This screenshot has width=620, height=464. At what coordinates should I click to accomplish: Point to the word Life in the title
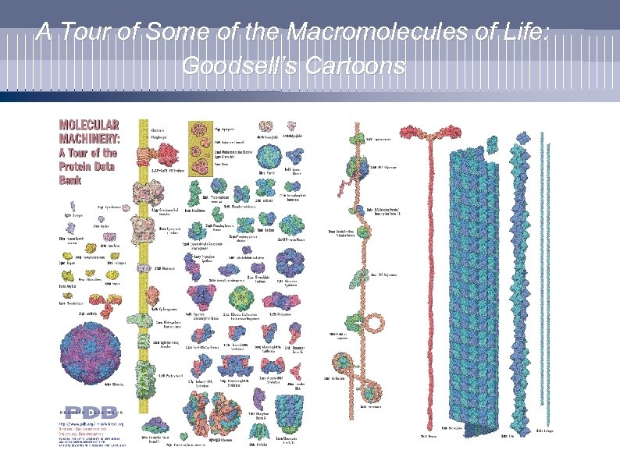click(527, 34)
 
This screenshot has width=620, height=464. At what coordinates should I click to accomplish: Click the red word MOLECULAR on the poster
click(90, 125)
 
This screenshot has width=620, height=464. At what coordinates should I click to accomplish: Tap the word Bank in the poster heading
click(70, 180)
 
